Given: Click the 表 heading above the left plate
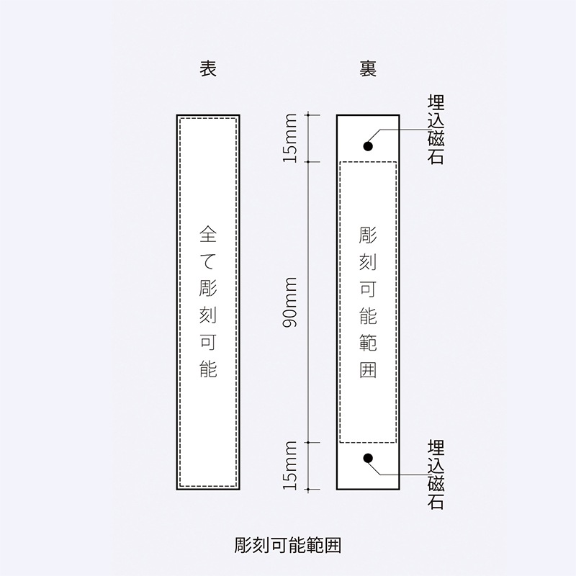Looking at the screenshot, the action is point(208,68).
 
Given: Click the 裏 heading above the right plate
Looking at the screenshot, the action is point(368,68).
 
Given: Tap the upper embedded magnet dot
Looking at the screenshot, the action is point(368,146).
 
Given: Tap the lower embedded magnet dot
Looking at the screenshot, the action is point(368,458).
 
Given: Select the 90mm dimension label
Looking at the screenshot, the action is point(289,302).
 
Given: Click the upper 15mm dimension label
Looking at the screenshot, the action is point(289,138).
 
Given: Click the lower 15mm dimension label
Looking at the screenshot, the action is point(289,465).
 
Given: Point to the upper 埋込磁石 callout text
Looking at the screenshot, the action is point(436,130).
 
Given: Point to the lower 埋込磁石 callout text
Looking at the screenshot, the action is point(436,474).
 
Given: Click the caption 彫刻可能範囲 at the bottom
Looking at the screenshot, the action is point(287,545).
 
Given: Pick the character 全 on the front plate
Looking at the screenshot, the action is point(208,234).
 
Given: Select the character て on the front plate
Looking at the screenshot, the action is point(208,261).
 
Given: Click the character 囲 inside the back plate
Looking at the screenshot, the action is point(368,369).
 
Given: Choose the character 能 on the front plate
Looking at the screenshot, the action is point(208,369).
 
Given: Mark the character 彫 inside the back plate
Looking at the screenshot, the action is point(368,235).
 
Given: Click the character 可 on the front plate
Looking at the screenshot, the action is point(208,343).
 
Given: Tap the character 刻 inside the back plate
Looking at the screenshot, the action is point(368,261).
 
